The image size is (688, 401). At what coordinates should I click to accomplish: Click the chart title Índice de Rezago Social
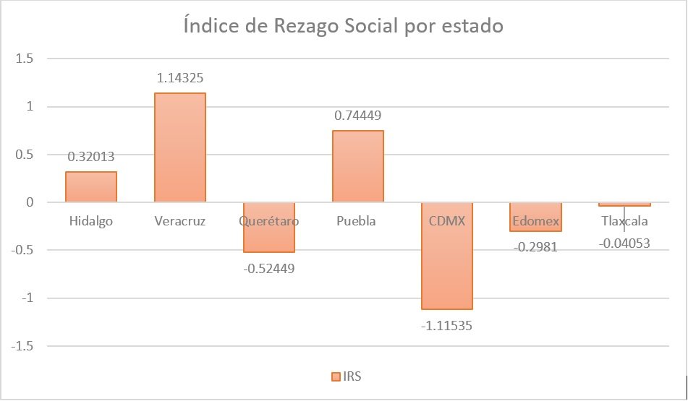click(343, 27)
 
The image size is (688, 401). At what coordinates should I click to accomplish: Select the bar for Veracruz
click(179, 147)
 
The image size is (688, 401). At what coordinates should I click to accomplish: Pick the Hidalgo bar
click(91, 187)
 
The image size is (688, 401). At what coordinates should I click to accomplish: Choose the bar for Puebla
click(357, 166)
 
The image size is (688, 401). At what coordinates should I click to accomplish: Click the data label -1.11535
click(446, 324)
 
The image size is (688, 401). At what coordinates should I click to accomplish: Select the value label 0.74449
click(357, 116)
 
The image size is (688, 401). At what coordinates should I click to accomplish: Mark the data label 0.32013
click(91, 157)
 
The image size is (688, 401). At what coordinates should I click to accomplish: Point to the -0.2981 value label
click(535, 247)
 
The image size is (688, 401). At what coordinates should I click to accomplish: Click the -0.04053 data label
click(624, 243)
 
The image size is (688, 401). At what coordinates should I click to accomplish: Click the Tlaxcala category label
click(624, 221)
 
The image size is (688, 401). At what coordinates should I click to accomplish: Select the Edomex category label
click(535, 221)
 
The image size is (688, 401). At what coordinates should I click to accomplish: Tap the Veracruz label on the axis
click(179, 221)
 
